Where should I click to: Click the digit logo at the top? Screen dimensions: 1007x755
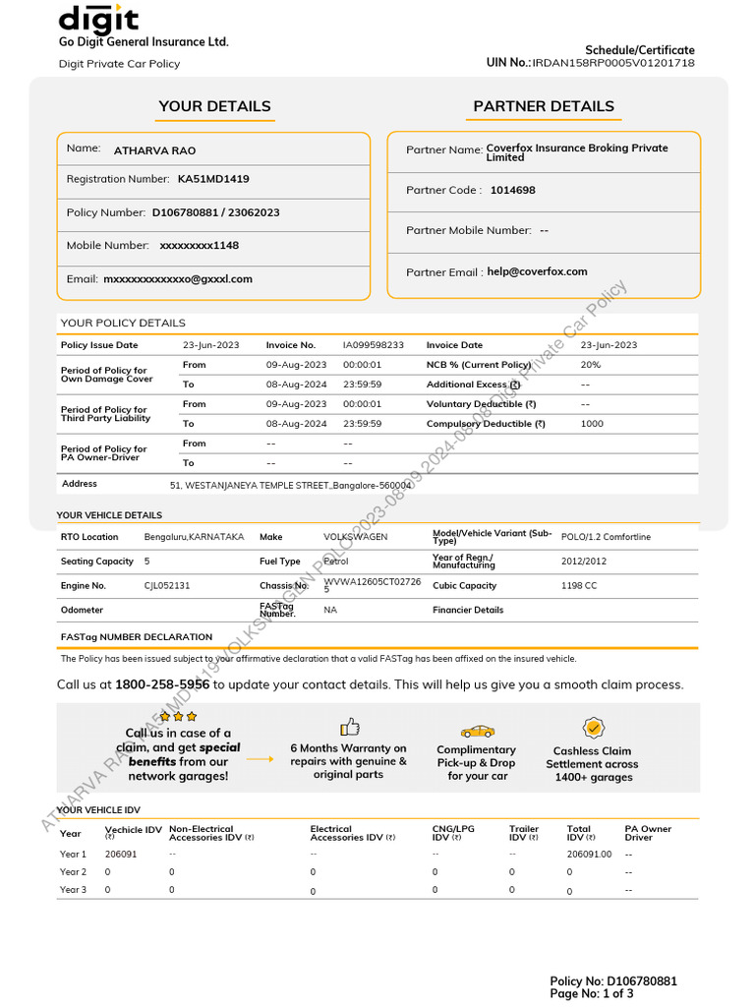coord(98,19)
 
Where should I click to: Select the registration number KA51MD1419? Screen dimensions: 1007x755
coord(213,179)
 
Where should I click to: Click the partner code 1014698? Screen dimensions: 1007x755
coord(513,190)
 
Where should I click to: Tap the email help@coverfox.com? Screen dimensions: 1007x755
coord(537,271)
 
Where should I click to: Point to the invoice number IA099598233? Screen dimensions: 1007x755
coord(374,345)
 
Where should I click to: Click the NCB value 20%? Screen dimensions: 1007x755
coord(591,365)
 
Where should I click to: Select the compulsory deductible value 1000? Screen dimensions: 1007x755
coord(592,424)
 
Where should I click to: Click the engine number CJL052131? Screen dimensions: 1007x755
coord(167,585)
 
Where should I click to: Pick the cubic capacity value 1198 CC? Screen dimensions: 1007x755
coord(579,585)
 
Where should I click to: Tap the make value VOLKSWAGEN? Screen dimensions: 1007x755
coord(356,537)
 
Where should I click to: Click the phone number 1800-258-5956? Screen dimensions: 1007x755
coord(162,684)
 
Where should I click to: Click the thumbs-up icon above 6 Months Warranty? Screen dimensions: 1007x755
coord(349,727)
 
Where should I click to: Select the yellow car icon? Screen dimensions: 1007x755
coord(478,731)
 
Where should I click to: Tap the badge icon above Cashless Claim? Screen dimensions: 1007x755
coord(593,728)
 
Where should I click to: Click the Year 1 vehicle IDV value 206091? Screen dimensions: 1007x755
coord(121,854)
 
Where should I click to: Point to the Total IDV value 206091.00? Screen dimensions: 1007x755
coord(589,854)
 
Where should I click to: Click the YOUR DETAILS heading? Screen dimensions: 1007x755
coord(214,106)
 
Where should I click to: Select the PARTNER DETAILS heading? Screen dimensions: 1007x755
coord(544,106)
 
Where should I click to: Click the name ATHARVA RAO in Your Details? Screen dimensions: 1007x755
coord(154,150)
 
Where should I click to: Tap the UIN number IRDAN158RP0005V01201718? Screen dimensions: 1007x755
coord(613,63)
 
